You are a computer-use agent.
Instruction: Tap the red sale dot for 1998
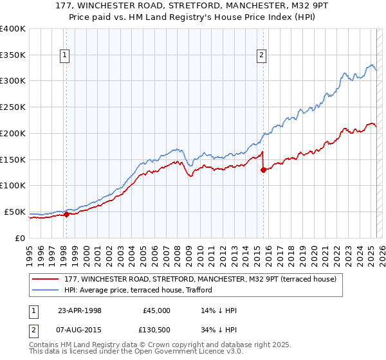click(x=66, y=214)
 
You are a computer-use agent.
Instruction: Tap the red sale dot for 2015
click(x=263, y=170)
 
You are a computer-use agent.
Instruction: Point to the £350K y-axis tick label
click(x=13, y=55)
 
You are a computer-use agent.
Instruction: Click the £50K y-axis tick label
click(x=15, y=212)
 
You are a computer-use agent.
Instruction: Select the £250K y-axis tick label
click(x=13, y=107)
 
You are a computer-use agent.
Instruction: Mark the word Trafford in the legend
click(x=189, y=290)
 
